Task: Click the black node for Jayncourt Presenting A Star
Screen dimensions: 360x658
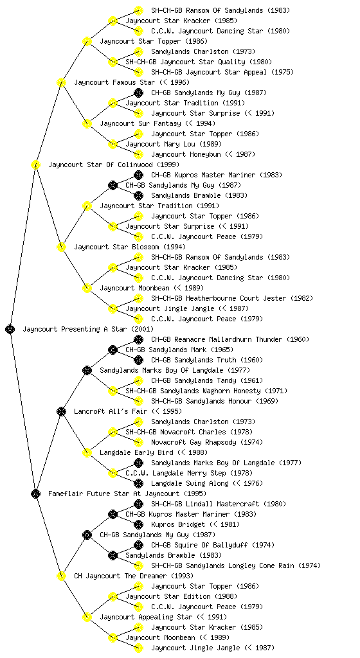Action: point(10,330)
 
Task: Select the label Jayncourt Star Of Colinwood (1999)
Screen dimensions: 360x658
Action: point(114,164)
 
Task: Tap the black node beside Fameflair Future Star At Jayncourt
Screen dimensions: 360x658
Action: point(35,494)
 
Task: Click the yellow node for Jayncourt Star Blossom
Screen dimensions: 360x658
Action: point(61,247)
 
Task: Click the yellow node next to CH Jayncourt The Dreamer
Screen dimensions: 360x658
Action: point(61,576)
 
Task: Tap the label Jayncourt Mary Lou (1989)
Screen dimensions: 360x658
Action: point(174,144)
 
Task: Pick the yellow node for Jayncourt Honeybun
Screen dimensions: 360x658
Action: point(138,154)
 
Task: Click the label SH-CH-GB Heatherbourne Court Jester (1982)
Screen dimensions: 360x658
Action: point(232,298)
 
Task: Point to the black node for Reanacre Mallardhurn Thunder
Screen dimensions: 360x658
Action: point(138,339)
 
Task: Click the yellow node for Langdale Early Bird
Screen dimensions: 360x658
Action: point(87,453)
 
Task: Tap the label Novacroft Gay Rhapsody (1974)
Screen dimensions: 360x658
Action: point(207,442)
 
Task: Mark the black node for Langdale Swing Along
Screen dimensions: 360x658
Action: point(138,483)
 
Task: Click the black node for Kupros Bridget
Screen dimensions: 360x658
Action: point(138,524)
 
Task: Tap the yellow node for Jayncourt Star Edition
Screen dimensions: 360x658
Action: point(113,597)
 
